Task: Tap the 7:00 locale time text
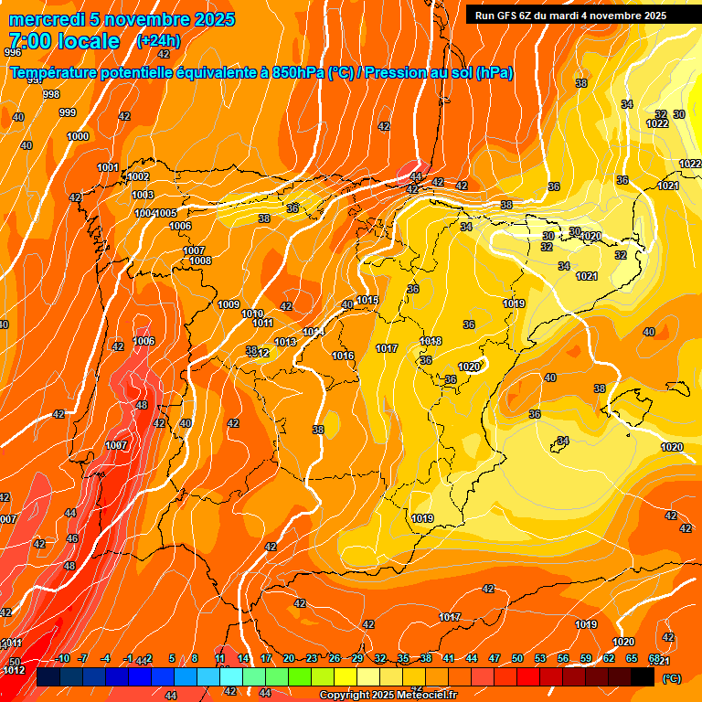click(64, 41)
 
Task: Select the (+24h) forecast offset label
click(158, 41)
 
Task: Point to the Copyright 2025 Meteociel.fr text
click(388, 695)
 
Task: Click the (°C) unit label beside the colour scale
click(671, 678)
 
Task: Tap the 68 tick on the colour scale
click(654, 658)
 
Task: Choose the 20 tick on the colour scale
click(289, 658)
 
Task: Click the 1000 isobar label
click(79, 136)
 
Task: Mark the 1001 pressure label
click(108, 167)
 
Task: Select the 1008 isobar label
click(201, 261)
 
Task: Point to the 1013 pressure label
click(285, 342)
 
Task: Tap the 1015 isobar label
click(367, 300)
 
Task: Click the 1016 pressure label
click(343, 356)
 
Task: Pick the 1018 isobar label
click(431, 341)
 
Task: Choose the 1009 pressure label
click(229, 304)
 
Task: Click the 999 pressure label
click(68, 112)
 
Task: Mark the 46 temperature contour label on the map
click(72, 538)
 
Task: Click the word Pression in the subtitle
click(395, 73)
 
